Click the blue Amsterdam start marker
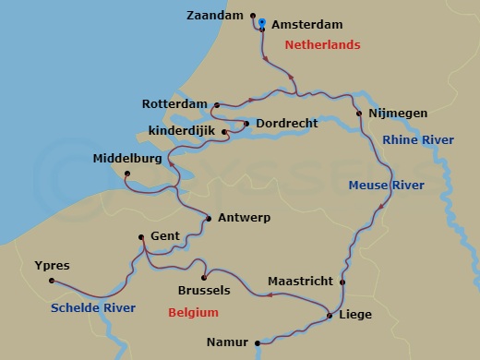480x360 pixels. [x=262, y=22]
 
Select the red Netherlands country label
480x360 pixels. [x=321, y=44]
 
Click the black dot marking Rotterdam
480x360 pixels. [x=216, y=105]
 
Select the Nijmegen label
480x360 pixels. [x=397, y=114]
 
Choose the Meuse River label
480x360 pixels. [x=386, y=186]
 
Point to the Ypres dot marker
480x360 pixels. [x=52, y=281]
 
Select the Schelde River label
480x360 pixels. [x=94, y=307]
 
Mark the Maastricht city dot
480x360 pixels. [x=342, y=282]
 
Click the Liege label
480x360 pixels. [x=355, y=315]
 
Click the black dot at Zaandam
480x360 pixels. [x=252, y=16]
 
